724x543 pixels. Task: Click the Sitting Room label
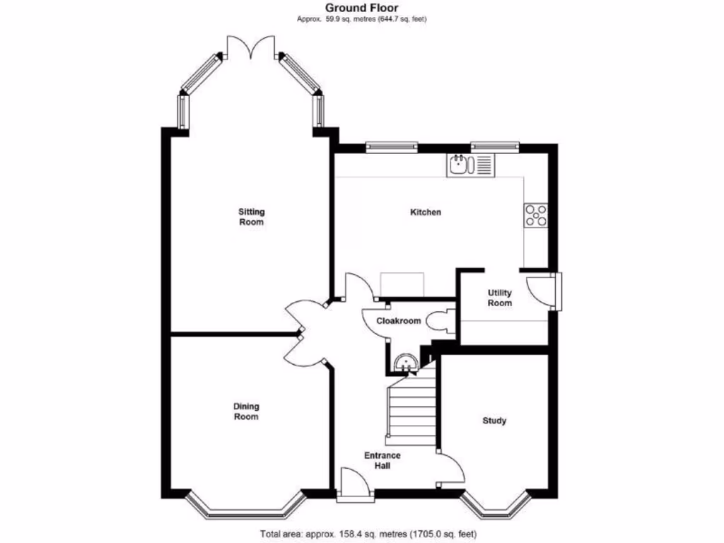pos(251,216)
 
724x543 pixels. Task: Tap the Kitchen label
pos(426,212)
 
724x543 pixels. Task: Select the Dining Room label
pos(247,411)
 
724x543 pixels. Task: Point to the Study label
pos(494,421)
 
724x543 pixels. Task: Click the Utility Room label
pos(500,298)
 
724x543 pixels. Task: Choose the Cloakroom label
pos(398,321)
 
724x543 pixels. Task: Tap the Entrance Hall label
pos(383,460)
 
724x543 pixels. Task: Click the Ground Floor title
pos(361,8)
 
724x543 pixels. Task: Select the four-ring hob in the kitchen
pos(536,215)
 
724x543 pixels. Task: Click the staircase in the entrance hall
pos(411,414)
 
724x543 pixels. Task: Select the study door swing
pos(451,468)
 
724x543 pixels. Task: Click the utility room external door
pos(545,289)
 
